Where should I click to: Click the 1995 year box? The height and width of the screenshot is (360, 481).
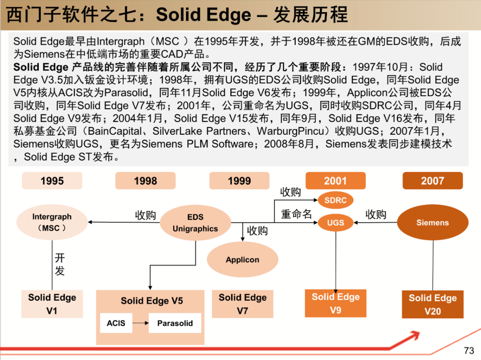click(52, 181)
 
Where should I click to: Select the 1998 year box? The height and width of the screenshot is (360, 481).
click(145, 181)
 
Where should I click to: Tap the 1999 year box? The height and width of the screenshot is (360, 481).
click(239, 181)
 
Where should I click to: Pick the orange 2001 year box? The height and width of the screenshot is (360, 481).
click(336, 181)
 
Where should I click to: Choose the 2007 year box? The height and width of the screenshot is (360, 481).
click(432, 181)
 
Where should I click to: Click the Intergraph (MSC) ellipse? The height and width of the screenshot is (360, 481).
click(52, 222)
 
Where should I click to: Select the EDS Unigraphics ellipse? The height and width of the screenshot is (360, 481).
click(196, 223)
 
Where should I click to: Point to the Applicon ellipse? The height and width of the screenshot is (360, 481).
click(242, 259)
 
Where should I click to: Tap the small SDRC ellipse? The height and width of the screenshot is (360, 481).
click(336, 200)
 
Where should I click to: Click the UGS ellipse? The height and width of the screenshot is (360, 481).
click(336, 223)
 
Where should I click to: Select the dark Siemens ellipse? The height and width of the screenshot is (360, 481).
click(432, 222)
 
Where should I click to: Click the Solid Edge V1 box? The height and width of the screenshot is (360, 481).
click(52, 304)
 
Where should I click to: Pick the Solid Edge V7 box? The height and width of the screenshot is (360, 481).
click(242, 304)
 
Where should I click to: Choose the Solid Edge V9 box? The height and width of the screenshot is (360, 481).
click(336, 303)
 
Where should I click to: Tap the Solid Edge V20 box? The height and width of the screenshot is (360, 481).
click(432, 304)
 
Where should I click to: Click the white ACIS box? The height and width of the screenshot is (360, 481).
click(116, 323)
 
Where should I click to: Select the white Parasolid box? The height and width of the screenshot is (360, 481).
click(175, 323)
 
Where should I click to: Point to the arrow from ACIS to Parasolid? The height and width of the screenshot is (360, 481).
click(140, 323)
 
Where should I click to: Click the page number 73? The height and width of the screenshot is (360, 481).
click(469, 350)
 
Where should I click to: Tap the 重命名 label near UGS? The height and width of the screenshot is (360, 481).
click(296, 214)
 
